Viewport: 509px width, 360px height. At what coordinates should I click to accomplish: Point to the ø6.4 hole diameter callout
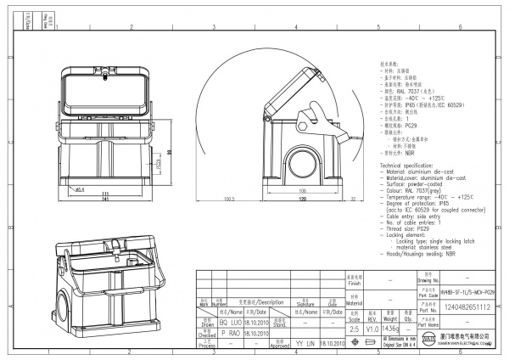click(x=79, y=189)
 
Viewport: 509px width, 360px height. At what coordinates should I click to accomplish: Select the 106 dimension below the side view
click(x=302, y=191)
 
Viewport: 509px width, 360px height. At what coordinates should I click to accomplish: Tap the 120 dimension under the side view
click(x=302, y=200)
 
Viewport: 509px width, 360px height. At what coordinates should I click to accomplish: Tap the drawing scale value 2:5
click(x=355, y=329)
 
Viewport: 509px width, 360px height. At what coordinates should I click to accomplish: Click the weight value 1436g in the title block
click(x=391, y=329)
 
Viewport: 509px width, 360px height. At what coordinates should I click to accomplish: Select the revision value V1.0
click(x=372, y=329)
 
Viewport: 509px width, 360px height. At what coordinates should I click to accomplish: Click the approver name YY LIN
click(x=303, y=342)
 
